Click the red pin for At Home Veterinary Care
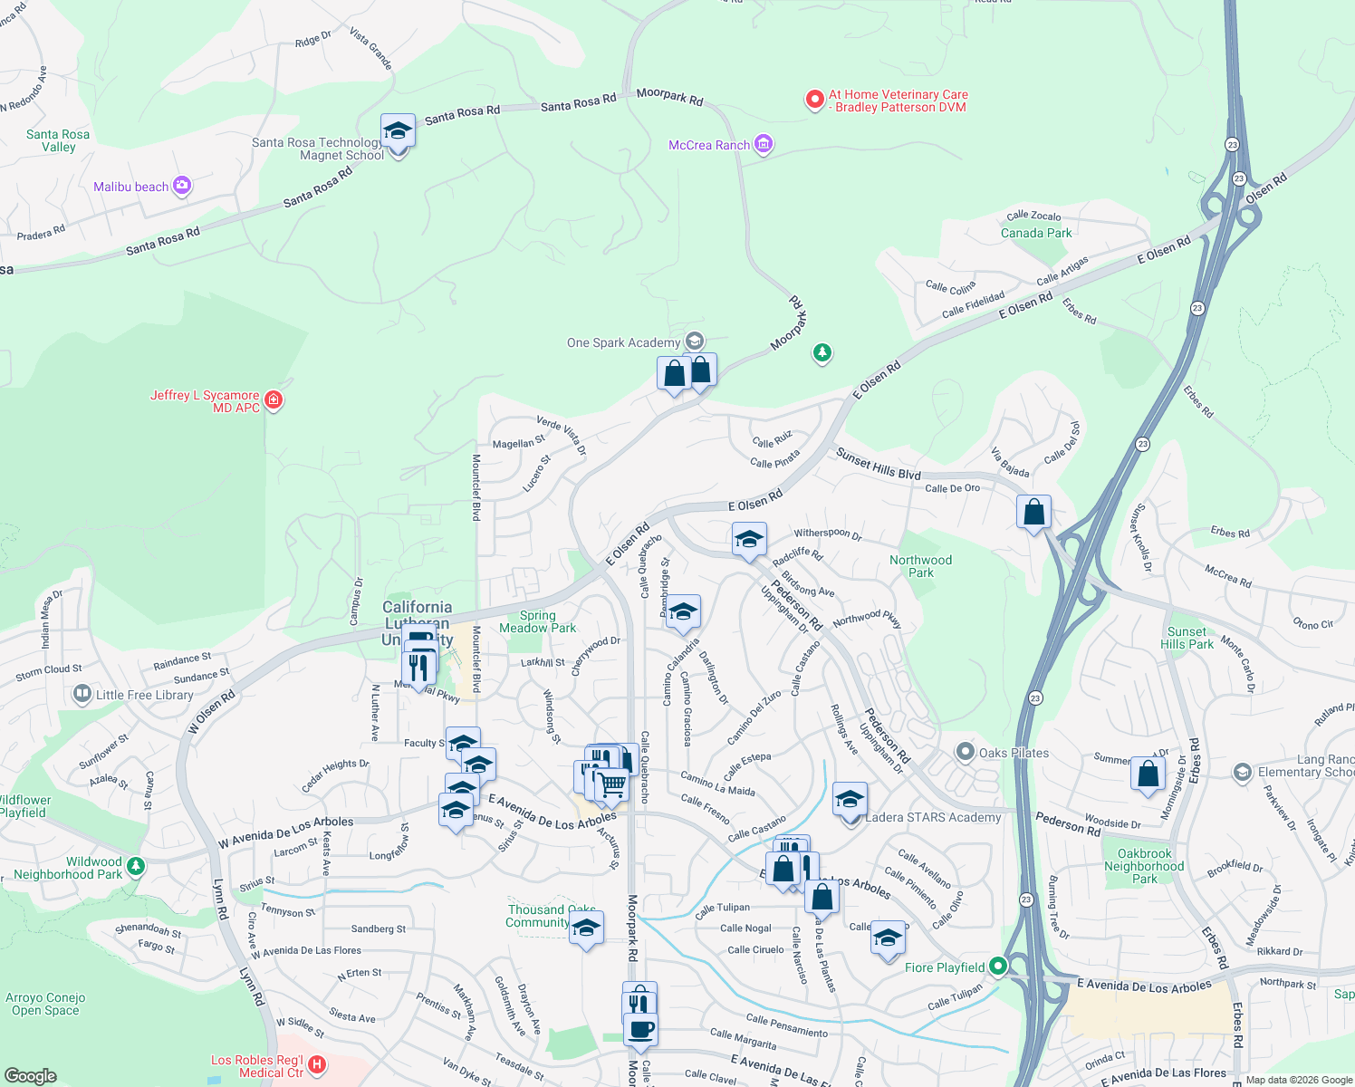pyautogui.click(x=814, y=100)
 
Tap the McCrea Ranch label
pyautogui.click(x=709, y=145)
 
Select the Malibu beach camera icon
pyautogui.click(x=182, y=186)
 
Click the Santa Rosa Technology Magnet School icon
pyautogui.click(x=398, y=132)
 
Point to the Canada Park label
pyautogui.click(x=1035, y=233)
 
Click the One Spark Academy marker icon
pyautogui.click(x=695, y=341)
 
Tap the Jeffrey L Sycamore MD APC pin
pyautogui.click(x=274, y=399)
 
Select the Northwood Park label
pyautogui.click(x=920, y=566)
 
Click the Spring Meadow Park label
pyautogui.click(x=537, y=621)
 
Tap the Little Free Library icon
pyautogui.click(x=82, y=695)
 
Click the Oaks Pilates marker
pyautogui.click(x=966, y=752)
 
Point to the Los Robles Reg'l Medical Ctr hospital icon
pyautogui.click(x=316, y=1065)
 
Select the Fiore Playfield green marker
pyautogui.click(x=998, y=967)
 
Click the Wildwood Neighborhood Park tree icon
pyautogui.click(x=135, y=867)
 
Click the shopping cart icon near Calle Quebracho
pyautogui.click(x=612, y=784)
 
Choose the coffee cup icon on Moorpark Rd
pyautogui.click(x=640, y=1029)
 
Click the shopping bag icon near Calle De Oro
pyautogui.click(x=1033, y=513)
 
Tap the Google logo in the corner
pyautogui.click(x=30, y=1075)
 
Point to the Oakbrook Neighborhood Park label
pyautogui.click(x=1144, y=866)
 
